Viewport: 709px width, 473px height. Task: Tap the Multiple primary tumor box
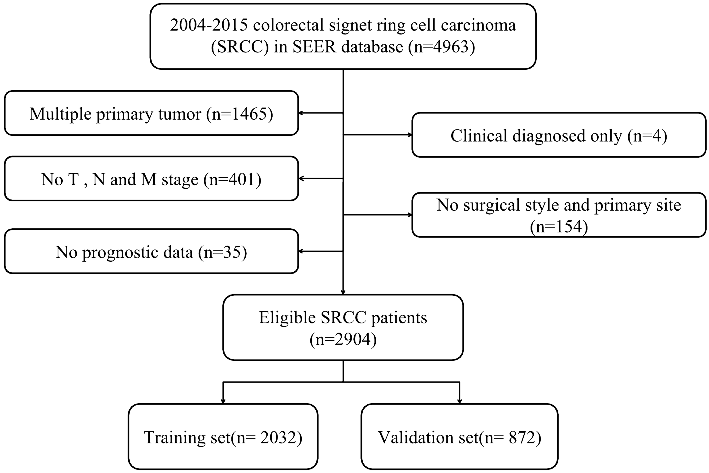[151, 113]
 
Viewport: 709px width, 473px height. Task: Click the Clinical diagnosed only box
[559, 135]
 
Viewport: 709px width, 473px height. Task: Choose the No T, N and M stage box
[151, 178]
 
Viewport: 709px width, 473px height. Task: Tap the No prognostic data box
[151, 251]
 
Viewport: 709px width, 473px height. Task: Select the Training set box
[223, 437]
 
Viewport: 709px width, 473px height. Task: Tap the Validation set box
[459, 437]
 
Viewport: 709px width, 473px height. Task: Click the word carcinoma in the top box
[478, 25]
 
